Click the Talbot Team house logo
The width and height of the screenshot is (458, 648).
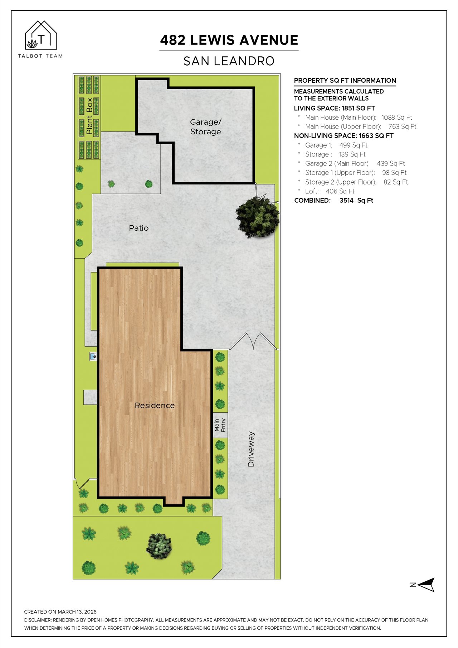[x=41, y=35]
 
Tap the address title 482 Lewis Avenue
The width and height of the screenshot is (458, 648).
[x=229, y=40]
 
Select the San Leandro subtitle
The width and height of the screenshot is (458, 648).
[x=229, y=61]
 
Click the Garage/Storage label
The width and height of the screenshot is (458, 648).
[x=205, y=127]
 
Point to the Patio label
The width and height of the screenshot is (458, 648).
[x=139, y=228]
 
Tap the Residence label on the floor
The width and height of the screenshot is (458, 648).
[x=155, y=405]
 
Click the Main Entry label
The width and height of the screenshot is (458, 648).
[x=220, y=425]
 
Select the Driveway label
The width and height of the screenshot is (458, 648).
[x=251, y=449]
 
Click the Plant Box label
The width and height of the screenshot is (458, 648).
[x=89, y=116]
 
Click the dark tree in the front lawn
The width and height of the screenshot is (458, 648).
[x=159, y=546]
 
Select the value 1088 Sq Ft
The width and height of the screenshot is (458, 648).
[x=397, y=117]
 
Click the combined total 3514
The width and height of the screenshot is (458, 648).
[x=346, y=201]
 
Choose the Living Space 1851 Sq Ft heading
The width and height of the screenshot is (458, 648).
[x=334, y=108]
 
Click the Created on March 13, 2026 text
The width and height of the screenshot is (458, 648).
[x=60, y=612]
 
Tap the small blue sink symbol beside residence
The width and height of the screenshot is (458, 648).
[x=93, y=356]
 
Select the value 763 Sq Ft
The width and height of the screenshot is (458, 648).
[x=402, y=126]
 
